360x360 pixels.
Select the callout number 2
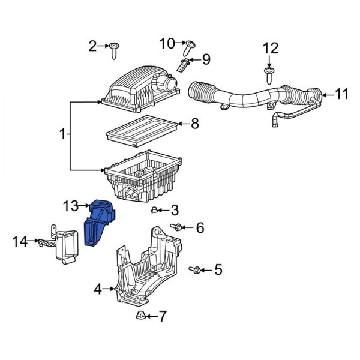click(93, 46)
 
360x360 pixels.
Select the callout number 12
click(271, 47)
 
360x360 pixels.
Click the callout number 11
click(341, 94)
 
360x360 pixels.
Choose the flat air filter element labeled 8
click(142, 130)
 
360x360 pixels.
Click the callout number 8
click(194, 124)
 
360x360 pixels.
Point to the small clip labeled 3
click(155, 210)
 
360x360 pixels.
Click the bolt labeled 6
click(178, 227)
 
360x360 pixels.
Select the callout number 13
click(70, 206)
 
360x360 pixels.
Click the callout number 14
click(20, 242)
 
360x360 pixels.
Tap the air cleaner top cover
click(141, 90)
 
